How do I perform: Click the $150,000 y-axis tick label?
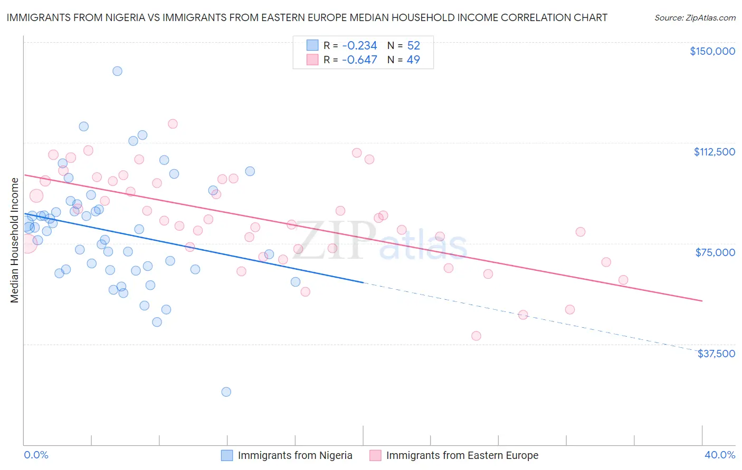[712, 51]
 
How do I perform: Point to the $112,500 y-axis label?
[714, 152]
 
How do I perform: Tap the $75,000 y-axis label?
[715, 252]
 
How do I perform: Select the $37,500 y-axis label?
[716, 354]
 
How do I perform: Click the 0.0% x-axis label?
[36, 455]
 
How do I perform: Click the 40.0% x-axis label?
[719, 455]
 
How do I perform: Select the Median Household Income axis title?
[15, 240]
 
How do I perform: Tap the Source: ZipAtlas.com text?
[695, 17]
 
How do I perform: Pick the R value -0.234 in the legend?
[359, 45]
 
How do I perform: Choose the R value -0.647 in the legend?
[359, 60]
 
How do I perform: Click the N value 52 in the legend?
[413, 45]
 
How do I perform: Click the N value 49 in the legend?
[413, 60]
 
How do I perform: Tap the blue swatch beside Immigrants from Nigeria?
[227, 455]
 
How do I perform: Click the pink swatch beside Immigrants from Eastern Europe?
[375, 455]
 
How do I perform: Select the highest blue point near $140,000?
[117, 71]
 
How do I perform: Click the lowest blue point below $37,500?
[226, 391]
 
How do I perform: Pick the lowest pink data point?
[476, 336]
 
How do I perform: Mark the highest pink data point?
[173, 124]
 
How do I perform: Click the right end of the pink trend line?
[702, 301]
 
